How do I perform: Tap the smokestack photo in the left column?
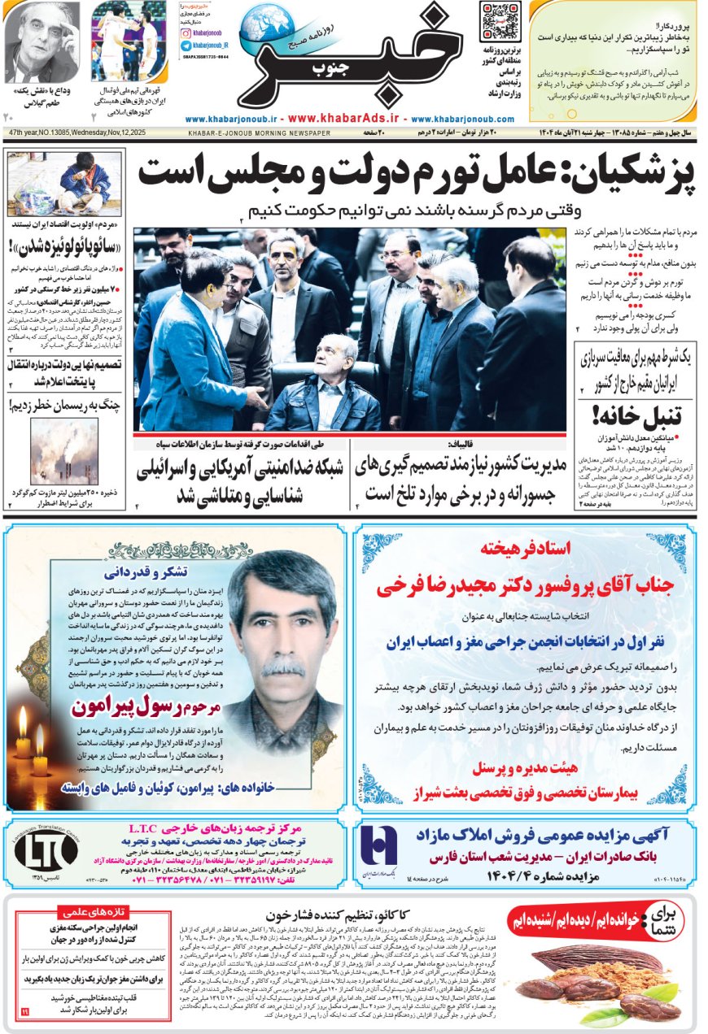[63, 450]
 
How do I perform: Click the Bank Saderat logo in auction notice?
[378, 848]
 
